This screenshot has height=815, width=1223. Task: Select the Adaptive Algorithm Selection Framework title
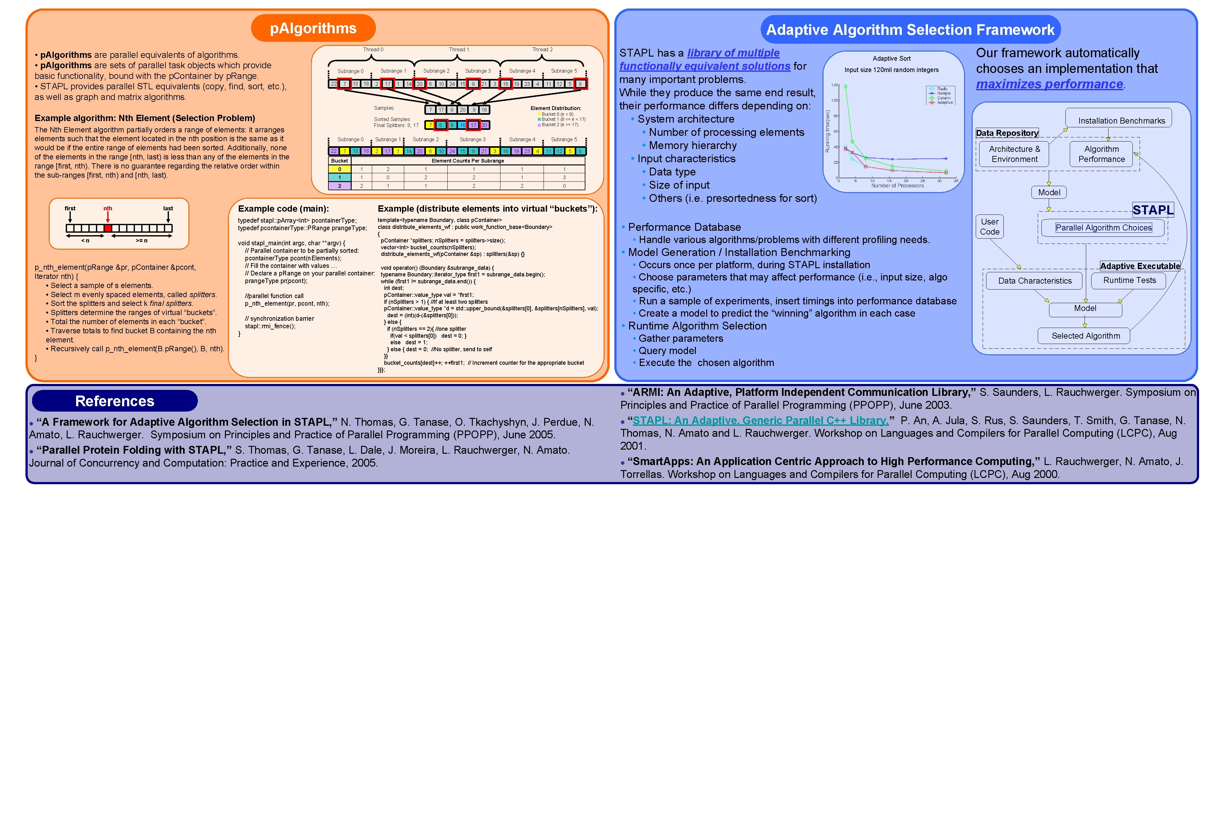(910, 30)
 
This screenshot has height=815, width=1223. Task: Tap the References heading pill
(114, 401)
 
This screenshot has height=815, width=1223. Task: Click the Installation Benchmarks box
(1121, 120)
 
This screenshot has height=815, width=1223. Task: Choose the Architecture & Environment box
(1014, 154)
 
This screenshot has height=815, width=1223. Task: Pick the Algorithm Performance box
(1101, 154)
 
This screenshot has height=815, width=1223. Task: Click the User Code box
(990, 227)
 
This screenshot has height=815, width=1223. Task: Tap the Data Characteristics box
(1034, 281)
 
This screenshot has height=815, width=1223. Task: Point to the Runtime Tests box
(1129, 280)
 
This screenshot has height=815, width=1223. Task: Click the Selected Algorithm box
(1085, 336)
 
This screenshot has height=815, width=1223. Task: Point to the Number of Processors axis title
(897, 186)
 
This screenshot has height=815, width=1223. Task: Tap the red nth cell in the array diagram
(108, 228)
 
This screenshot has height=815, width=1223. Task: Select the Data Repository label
(1007, 133)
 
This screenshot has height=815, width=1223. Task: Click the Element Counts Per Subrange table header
(467, 161)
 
